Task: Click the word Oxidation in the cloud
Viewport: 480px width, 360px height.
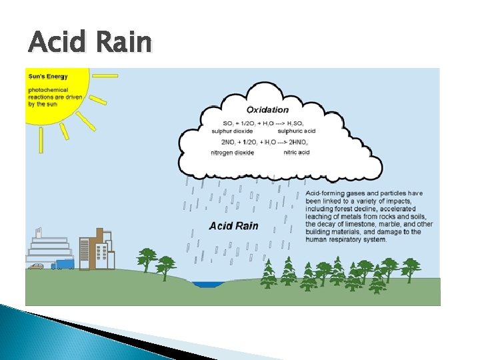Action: [267, 110]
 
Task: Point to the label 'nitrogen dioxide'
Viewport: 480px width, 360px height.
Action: [232, 153]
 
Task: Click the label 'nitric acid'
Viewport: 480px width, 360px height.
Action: [297, 153]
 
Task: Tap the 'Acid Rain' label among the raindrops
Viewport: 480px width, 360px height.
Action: [233, 226]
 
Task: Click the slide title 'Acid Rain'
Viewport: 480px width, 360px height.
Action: [90, 43]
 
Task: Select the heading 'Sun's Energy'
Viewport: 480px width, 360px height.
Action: [47, 77]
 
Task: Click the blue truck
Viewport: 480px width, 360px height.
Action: [63, 264]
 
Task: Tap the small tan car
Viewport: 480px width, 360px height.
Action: [36, 266]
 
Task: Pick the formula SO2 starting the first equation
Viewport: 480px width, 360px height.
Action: [228, 124]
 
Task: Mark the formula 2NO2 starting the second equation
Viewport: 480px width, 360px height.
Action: [228, 143]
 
